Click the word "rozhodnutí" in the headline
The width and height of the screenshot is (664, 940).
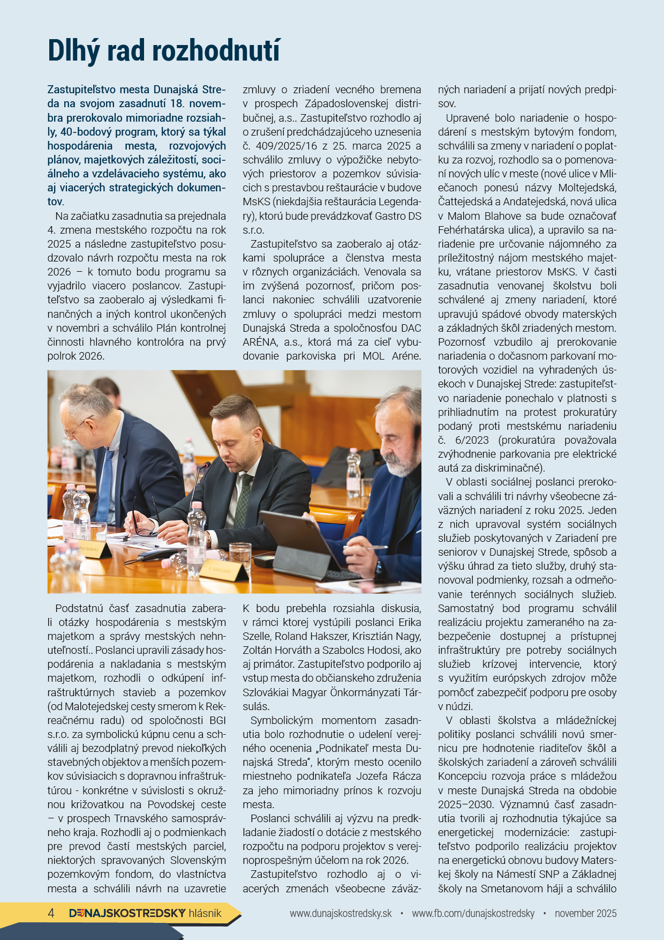[216, 51]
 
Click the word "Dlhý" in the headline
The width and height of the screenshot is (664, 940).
[73, 51]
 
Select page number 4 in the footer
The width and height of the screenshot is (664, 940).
[51, 913]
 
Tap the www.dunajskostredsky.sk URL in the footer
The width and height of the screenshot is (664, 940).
[341, 913]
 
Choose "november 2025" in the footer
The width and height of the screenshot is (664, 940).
[585, 913]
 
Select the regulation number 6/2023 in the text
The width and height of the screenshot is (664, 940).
[470, 440]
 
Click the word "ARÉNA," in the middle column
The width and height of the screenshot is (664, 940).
[261, 342]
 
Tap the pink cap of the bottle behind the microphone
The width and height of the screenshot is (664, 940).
[197, 505]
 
